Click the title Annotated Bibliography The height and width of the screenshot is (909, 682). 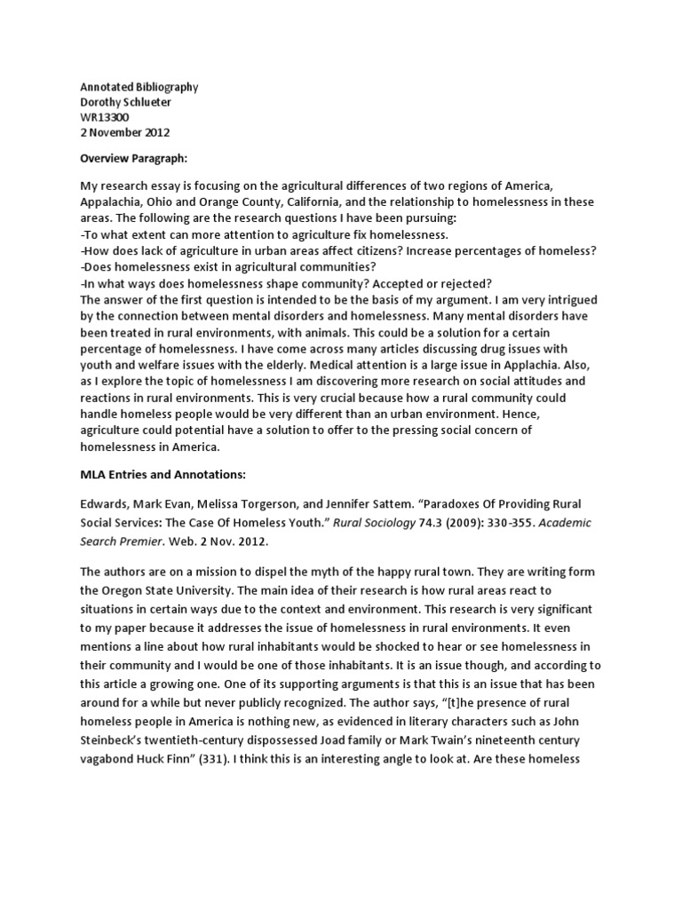point(139,87)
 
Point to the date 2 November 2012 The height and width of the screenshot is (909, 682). point(124,133)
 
